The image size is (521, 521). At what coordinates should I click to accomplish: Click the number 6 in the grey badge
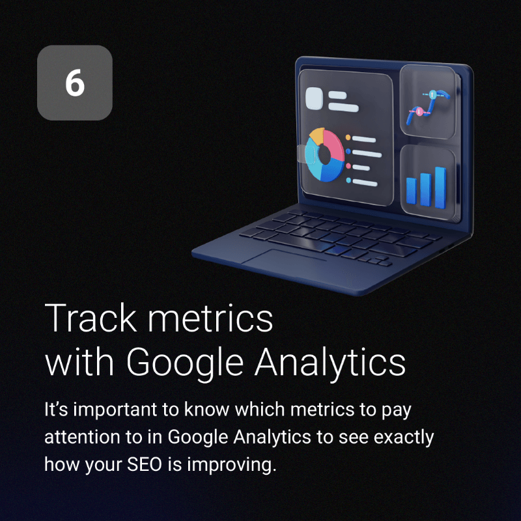[75, 83]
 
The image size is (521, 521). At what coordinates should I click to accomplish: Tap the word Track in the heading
[91, 318]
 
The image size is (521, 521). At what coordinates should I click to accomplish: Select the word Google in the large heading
[185, 363]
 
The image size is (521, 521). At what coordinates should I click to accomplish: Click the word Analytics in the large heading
[330, 363]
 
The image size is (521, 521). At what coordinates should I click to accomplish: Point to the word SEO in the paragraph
[144, 464]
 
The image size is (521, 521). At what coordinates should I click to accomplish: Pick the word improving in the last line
[231, 466]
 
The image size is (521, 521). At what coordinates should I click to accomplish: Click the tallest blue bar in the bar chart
[441, 188]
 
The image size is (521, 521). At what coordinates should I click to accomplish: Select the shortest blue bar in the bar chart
[412, 191]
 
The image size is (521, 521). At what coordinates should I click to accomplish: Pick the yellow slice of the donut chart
[317, 136]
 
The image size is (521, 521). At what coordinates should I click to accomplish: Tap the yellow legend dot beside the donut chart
[348, 137]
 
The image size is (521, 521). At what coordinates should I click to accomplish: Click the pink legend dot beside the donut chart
[348, 166]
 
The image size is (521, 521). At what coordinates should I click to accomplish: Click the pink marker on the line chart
[419, 111]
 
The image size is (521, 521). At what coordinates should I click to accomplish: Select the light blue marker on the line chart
[432, 94]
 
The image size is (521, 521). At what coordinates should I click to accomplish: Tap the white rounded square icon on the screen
[314, 98]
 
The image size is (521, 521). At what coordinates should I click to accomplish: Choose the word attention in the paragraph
[82, 437]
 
